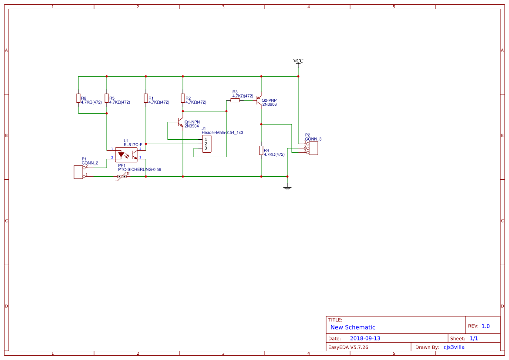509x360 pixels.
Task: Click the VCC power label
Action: [x=298, y=61]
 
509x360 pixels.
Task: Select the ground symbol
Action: [x=287, y=188]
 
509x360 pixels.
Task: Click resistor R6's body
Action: [x=78, y=98]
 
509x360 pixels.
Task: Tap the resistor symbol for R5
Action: [x=107, y=98]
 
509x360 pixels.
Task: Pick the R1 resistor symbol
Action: [x=146, y=98]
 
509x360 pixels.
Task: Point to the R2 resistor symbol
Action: [x=183, y=98]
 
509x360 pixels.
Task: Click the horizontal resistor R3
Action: [x=235, y=100]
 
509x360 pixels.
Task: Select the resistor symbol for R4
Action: [x=261, y=151]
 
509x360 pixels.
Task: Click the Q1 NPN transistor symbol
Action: [x=181, y=124]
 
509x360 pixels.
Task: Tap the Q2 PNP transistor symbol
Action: [x=259, y=101]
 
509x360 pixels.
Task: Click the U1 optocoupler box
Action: [x=126, y=154]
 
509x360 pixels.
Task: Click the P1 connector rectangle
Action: [x=79, y=172]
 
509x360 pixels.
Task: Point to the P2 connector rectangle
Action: [x=313, y=148]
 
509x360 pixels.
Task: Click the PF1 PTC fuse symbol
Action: [x=122, y=176]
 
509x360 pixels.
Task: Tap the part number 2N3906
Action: [x=269, y=104]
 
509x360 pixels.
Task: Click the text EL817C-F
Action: [x=133, y=144]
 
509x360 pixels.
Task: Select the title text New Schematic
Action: [x=353, y=327]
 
